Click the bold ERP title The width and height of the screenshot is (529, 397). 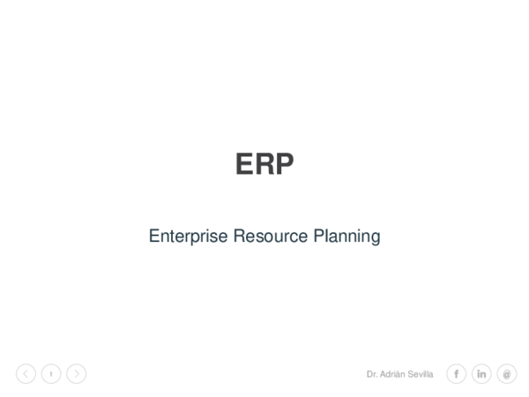point(264,164)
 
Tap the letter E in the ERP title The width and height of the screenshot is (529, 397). point(244,164)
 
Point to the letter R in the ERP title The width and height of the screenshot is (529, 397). point(264,164)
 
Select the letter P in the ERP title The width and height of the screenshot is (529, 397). point(284,164)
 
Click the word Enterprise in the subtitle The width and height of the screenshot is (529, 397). point(188,236)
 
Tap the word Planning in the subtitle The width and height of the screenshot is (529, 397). point(346,237)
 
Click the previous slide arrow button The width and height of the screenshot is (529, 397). point(26,374)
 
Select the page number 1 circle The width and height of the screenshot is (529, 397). point(51,374)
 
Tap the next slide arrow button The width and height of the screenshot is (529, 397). point(77,374)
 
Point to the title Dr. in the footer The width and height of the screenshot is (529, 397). point(371,374)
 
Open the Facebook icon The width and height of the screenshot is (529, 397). point(456,374)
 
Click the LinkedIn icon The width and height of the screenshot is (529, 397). point(481,374)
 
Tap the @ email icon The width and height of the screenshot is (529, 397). point(506,374)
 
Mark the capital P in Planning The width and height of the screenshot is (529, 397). point(318,236)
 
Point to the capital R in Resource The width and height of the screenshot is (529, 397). point(238,236)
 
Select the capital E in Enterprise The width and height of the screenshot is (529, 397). point(153,236)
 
